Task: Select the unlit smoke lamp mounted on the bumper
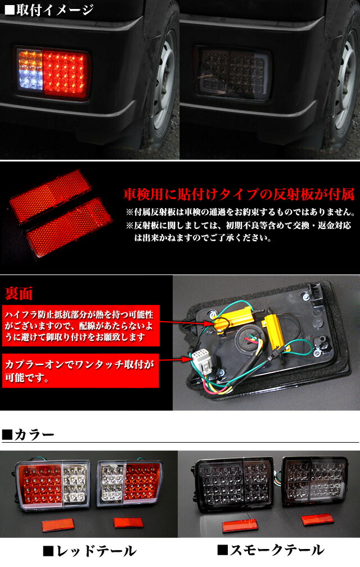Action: pos(233,73)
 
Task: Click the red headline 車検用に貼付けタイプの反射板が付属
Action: pos(238,195)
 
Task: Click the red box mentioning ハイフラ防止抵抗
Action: pos(81,325)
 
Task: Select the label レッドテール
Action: pos(91,550)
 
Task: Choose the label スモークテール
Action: pos(270,550)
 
